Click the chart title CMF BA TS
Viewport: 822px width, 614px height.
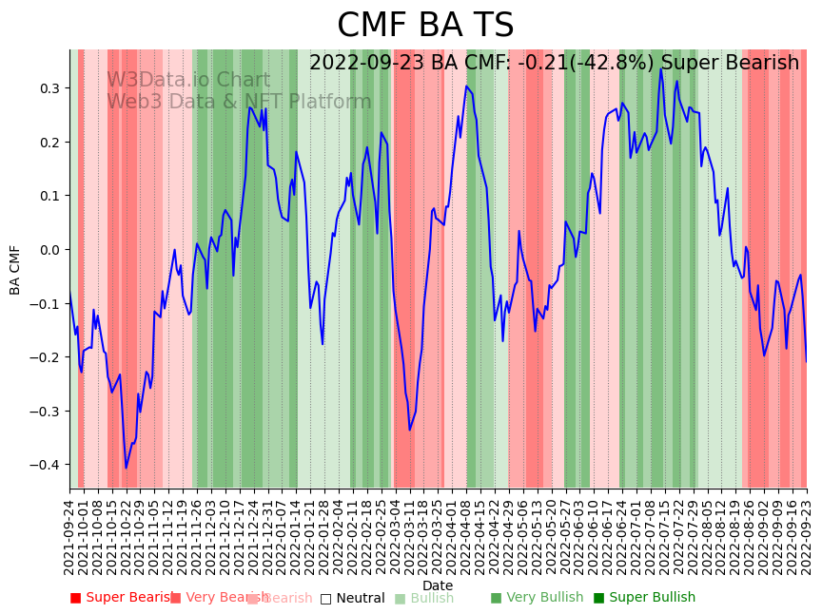click(425, 26)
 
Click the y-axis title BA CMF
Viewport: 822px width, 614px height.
click(15, 269)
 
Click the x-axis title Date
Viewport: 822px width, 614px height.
click(438, 585)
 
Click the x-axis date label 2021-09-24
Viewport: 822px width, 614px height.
click(69, 537)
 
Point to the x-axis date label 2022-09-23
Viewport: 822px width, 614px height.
click(807, 537)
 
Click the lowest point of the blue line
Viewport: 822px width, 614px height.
click(126, 468)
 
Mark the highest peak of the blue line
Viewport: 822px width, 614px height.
click(662, 68)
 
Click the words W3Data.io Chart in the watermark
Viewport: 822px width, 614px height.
click(187, 81)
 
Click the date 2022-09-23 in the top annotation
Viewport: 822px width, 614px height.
click(367, 64)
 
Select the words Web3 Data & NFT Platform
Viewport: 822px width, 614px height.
click(239, 102)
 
